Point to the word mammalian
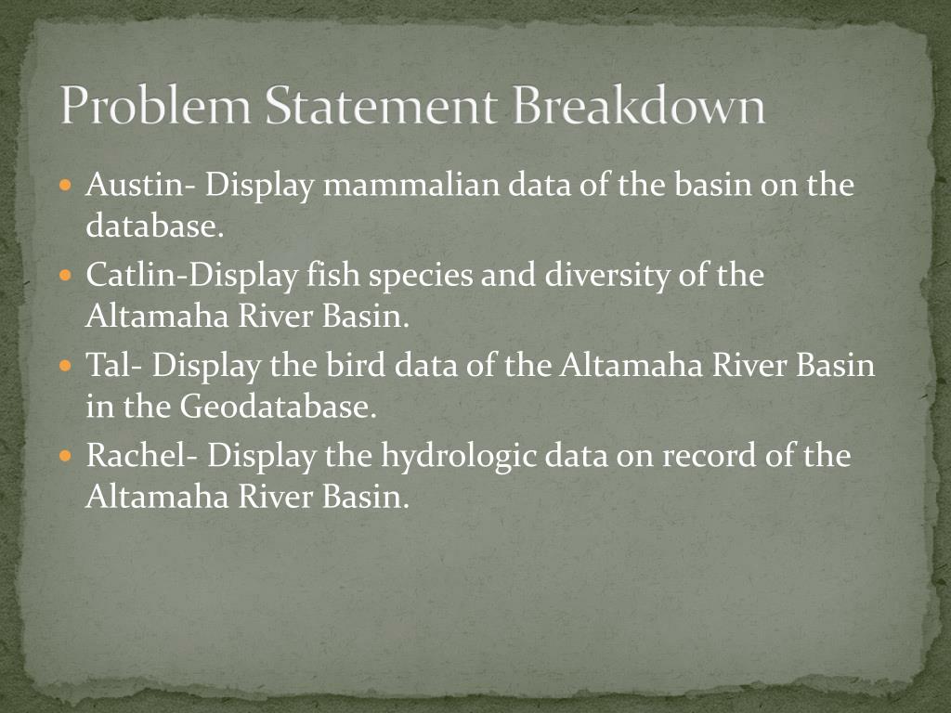click(413, 185)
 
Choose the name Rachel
click(139, 456)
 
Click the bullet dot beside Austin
click(65, 186)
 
